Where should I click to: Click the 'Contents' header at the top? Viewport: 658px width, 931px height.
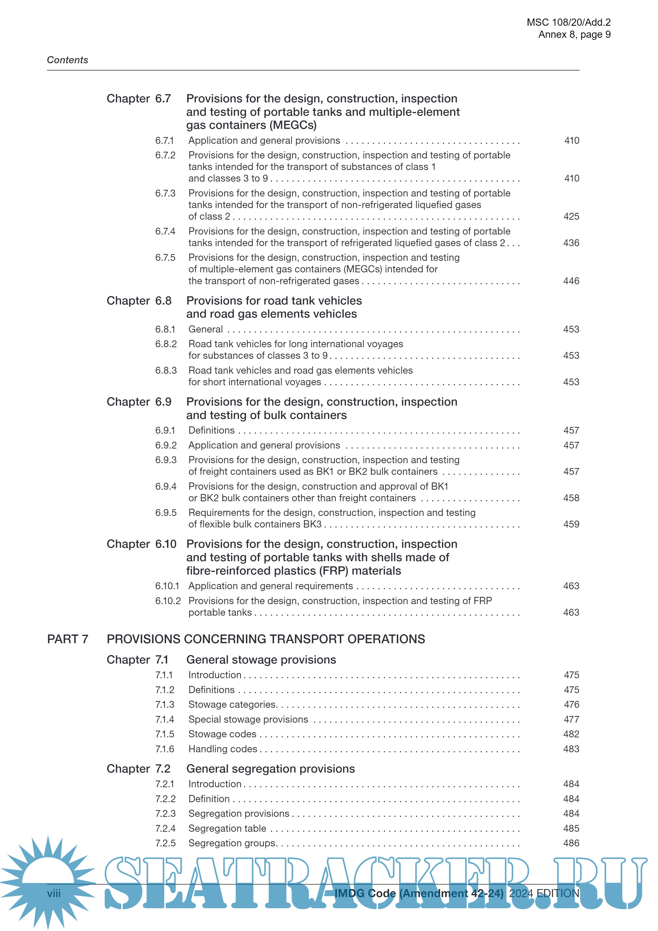pyautogui.click(x=68, y=60)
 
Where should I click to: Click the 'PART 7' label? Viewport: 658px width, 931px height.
pyautogui.click(x=68, y=639)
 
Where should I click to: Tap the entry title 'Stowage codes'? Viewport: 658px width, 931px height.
pyautogui.click(x=222, y=734)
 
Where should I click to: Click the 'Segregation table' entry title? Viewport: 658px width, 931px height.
pyautogui.click(x=227, y=828)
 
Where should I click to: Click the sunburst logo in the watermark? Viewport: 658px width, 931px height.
pyautogui.click(x=48, y=880)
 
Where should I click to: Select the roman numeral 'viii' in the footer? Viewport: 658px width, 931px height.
pyautogui.click(x=54, y=893)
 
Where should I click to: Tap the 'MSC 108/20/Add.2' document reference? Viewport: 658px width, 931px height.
pyautogui.click(x=569, y=22)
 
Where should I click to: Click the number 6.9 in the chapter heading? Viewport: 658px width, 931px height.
pyautogui.click(x=163, y=402)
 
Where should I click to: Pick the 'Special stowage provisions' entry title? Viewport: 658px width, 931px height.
pyautogui.click(x=248, y=719)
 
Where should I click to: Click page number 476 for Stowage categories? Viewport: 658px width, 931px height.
pyautogui.click(x=571, y=705)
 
